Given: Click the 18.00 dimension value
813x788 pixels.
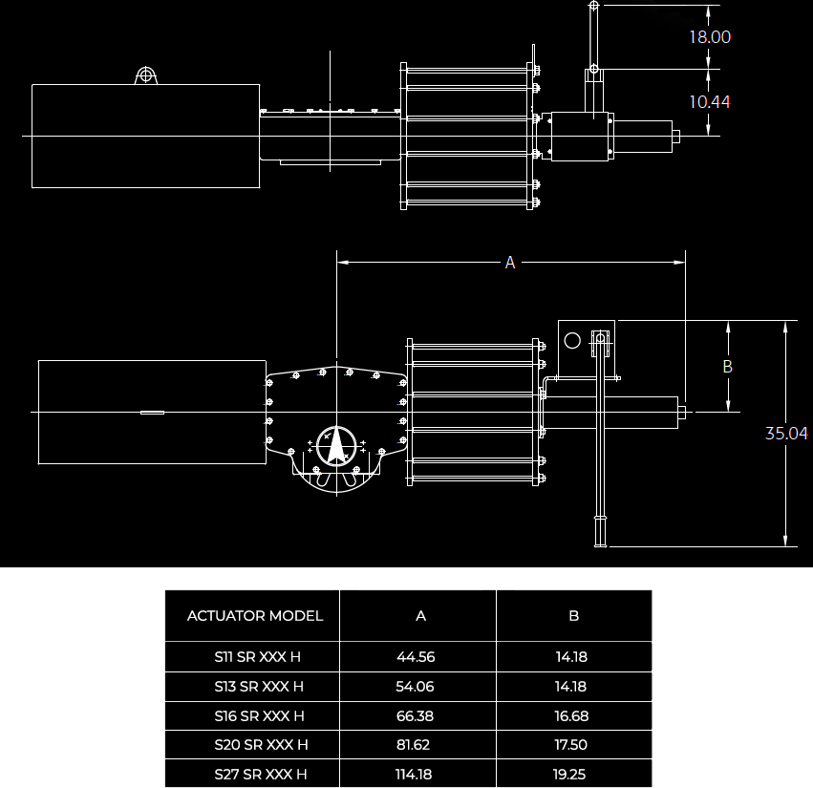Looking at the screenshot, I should coord(710,37).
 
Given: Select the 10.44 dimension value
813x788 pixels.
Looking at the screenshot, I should coord(710,101).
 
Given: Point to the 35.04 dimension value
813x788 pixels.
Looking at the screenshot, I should coord(786,434).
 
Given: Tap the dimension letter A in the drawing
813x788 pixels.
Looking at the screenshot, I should coord(510,262).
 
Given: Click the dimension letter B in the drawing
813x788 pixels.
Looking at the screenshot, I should coord(727,367).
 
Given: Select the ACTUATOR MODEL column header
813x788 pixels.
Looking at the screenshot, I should coord(255,616).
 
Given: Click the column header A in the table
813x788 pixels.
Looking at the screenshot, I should coord(420,616).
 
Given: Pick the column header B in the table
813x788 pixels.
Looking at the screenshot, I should coord(574,616).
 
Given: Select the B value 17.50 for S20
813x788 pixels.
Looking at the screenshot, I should coord(570,745).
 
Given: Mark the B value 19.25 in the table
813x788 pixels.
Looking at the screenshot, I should coord(570,774).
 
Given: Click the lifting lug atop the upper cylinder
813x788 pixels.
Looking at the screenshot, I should coord(145,75).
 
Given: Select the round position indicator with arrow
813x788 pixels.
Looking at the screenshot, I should coord(335,444).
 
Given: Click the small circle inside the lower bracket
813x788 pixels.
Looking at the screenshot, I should coord(572,340).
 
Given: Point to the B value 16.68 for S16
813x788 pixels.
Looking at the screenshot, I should coord(570,715).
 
